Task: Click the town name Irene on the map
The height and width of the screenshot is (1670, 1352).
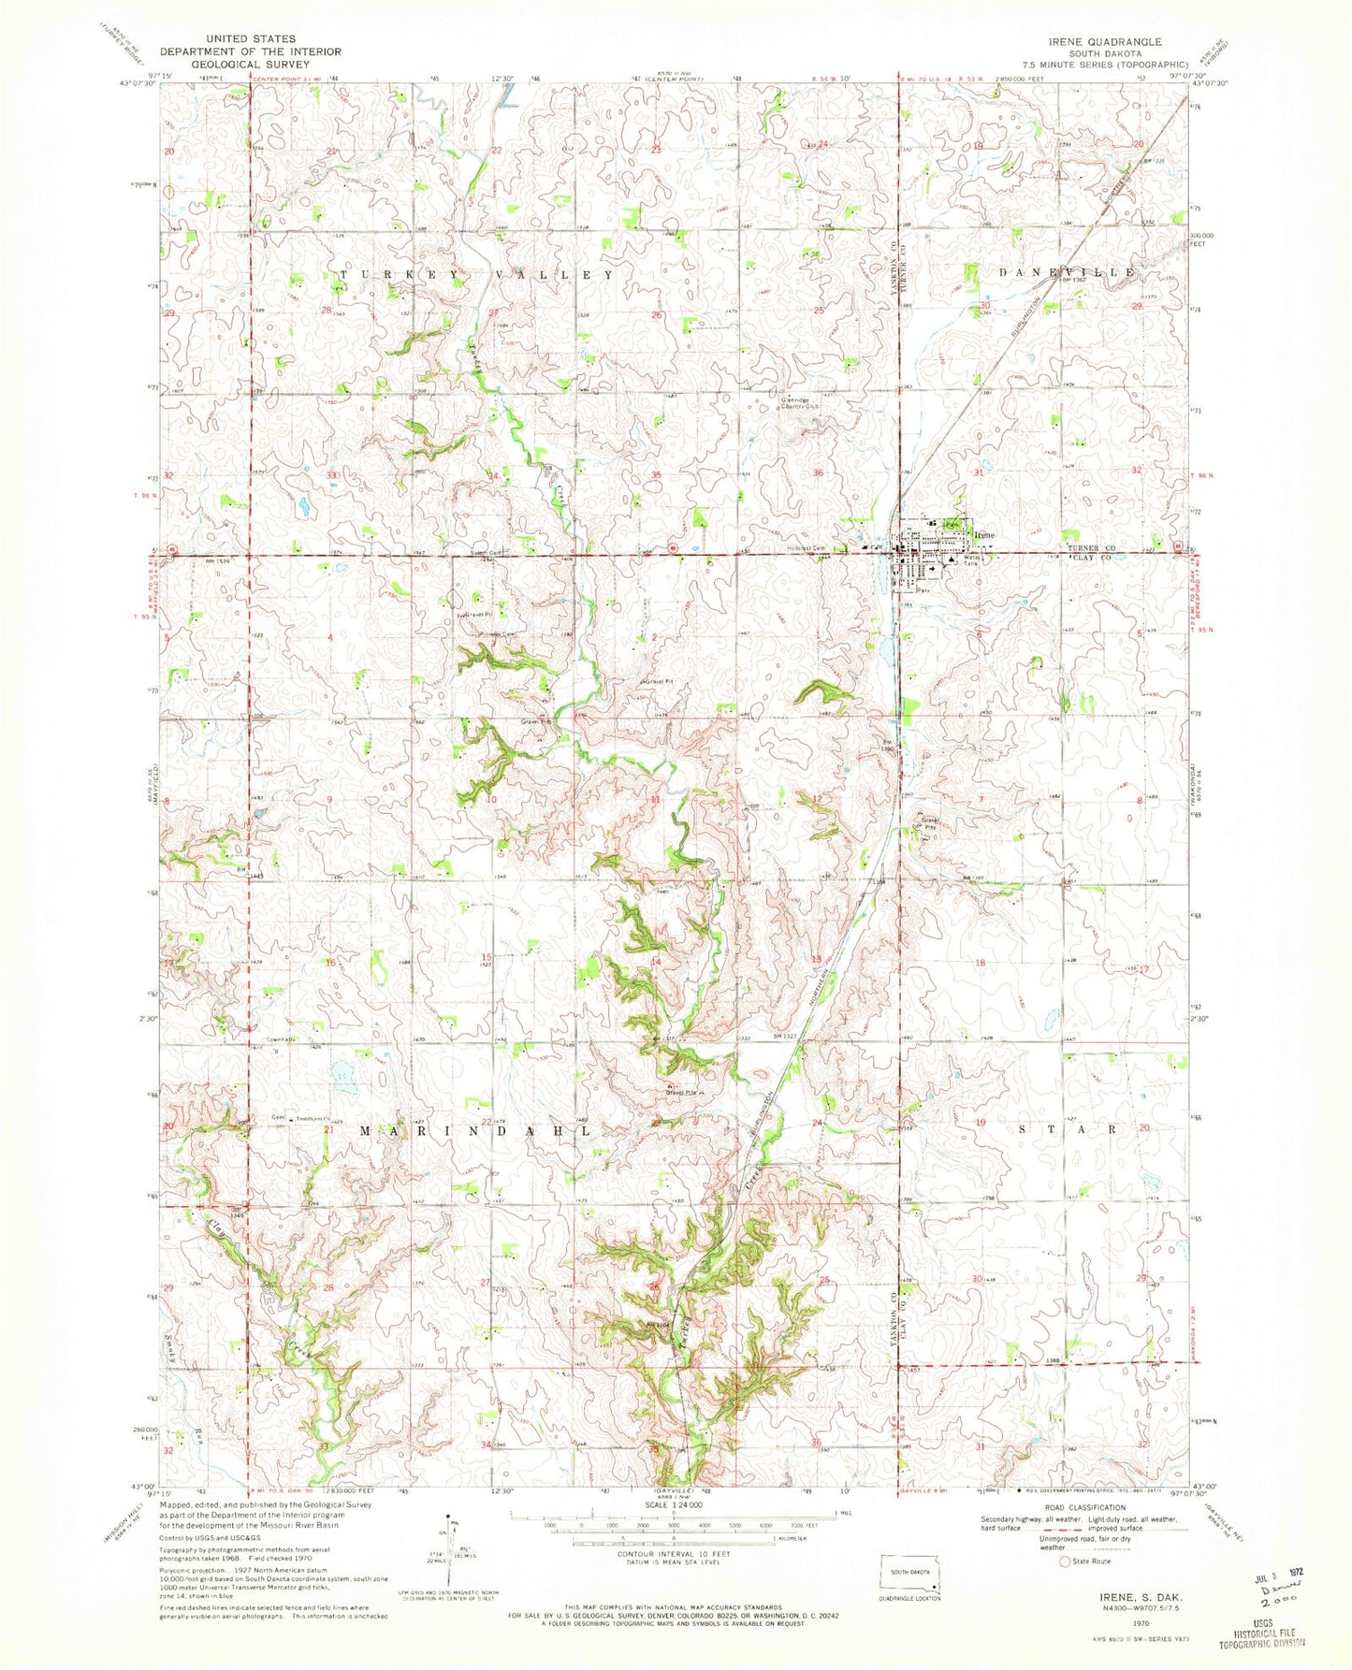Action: pos(982,534)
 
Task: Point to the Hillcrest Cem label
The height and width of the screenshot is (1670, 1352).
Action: pos(806,548)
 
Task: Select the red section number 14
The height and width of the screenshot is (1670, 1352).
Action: pos(657,962)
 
